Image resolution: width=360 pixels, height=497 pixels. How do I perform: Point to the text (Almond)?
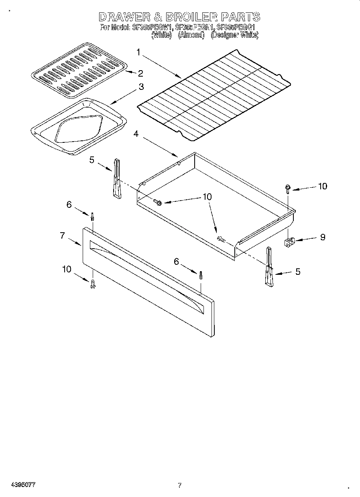191,35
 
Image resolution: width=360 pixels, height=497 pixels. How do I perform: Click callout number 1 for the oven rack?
138,52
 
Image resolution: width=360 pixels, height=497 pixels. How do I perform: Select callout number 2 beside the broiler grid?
140,73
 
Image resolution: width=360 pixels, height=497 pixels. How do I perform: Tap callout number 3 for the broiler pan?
141,86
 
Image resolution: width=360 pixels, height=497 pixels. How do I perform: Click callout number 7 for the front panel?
62,235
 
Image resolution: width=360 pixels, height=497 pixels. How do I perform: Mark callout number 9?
322,237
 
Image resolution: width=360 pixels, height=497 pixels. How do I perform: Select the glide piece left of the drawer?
116,178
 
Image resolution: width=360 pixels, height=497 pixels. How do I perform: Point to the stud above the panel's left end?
93,217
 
